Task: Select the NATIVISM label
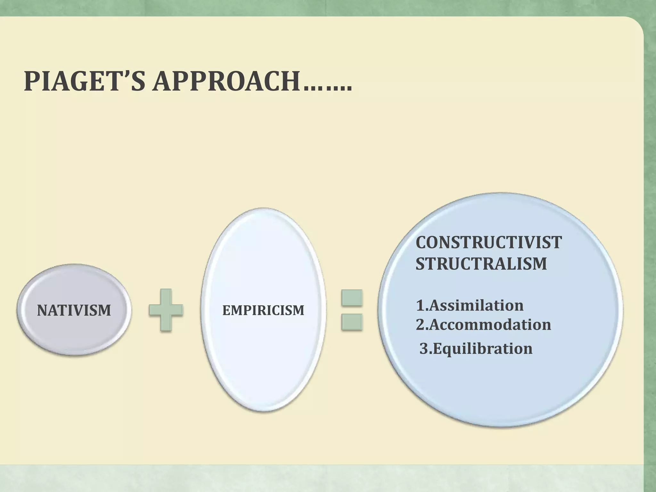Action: (74, 310)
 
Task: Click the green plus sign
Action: (166, 310)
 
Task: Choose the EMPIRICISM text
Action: (263, 310)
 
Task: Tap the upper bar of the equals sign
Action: (352, 297)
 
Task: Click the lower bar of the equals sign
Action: (352, 322)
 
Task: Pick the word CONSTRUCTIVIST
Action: (488, 242)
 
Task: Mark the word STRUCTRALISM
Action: (481, 264)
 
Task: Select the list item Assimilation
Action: (476, 305)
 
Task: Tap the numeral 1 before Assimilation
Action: (420, 306)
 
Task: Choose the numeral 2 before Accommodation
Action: (420, 325)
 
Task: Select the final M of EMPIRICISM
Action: (299, 310)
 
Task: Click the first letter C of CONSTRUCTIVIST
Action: (422, 242)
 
